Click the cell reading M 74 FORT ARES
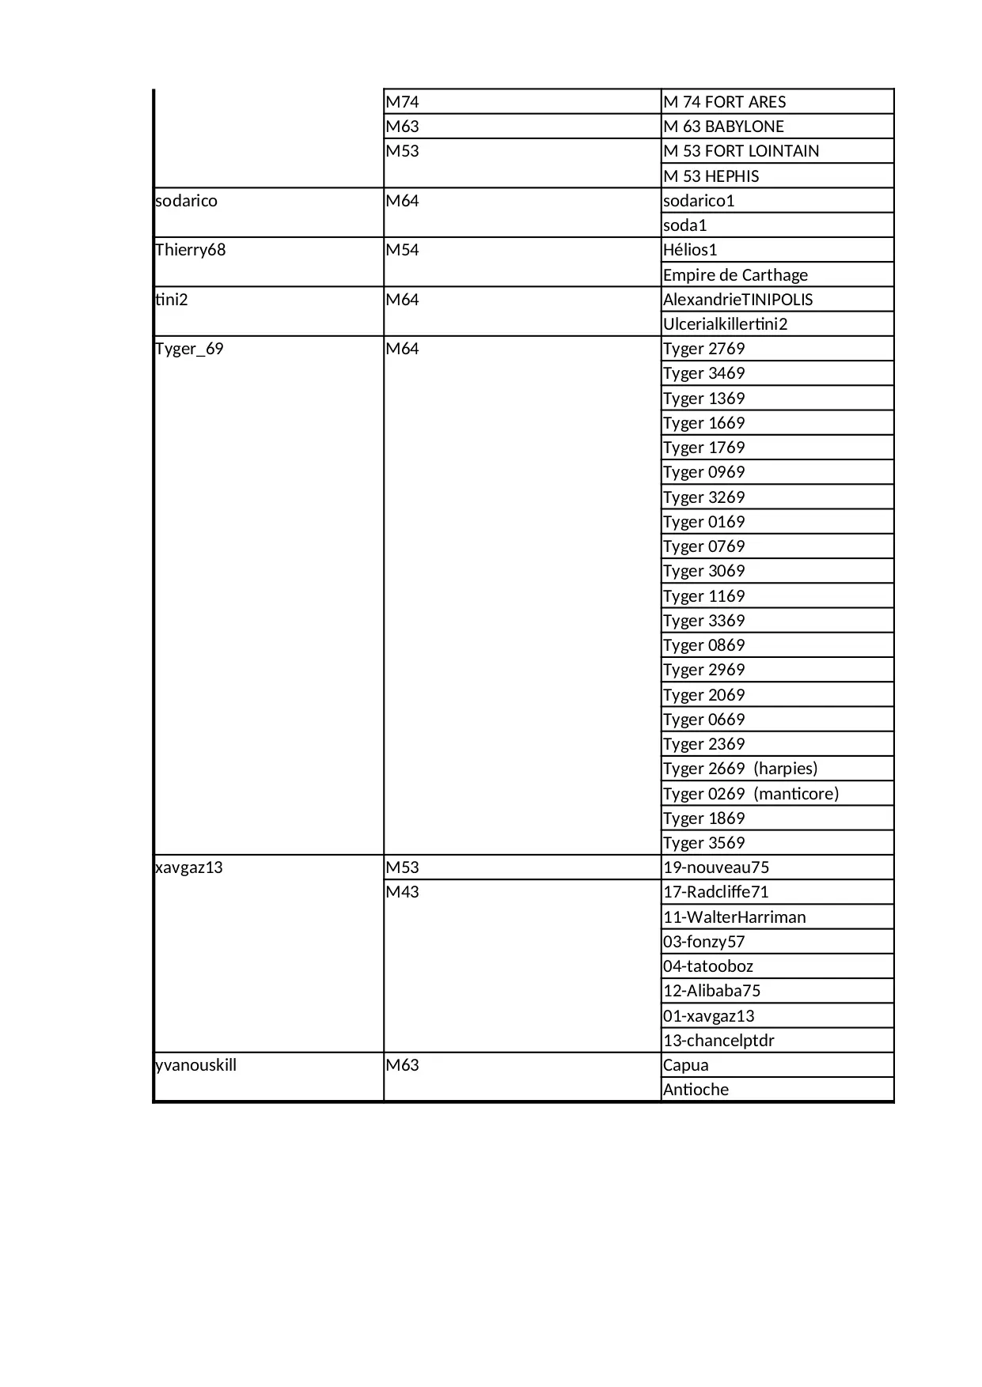(724, 102)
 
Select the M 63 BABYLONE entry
(723, 127)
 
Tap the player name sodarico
(187, 201)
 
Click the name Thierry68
(191, 250)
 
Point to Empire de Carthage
(735, 275)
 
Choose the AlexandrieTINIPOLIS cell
(737, 300)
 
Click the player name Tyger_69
(190, 349)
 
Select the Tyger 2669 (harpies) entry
(740, 769)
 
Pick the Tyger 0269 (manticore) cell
(750, 793)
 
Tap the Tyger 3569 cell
(703, 843)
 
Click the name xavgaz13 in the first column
(189, 867)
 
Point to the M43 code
(402, 892)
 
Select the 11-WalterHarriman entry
(734, 917)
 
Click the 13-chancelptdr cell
(718, 1041)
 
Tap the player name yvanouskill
(196, 1065)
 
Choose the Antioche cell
(696, 1090)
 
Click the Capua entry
(685, 1065)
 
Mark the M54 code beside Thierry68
(402, 250)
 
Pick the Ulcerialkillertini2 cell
(725, 324)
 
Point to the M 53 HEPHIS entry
(711, 176)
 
